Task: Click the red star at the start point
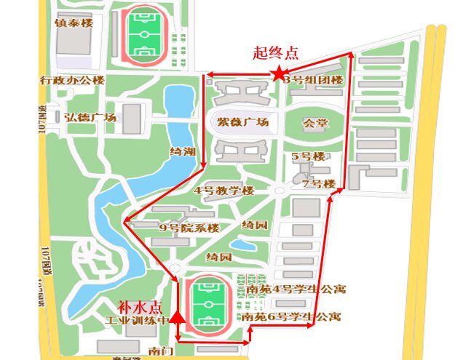click(278, 73)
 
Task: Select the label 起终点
click(275, 53)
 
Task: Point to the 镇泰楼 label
click(74, 23)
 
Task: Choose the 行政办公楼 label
click(73, 80)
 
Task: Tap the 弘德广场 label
click(90, 117)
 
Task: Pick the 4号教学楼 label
click(223, 191)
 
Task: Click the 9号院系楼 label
click(189, 228)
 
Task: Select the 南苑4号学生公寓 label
click(296, 289)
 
